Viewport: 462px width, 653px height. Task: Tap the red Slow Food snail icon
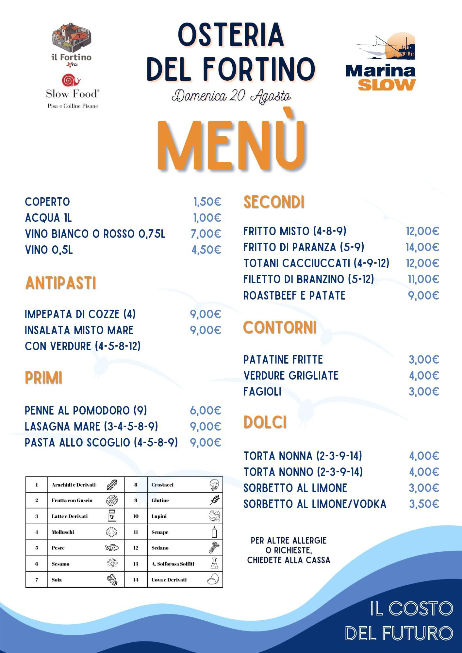[71, 80]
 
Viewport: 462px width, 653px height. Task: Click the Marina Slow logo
[381, 62]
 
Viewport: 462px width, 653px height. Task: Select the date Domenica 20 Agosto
[231, 96]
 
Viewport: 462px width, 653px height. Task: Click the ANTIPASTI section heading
[61, 283]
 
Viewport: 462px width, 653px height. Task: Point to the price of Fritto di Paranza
[422, 247]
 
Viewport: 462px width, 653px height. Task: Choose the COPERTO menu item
[47, 202]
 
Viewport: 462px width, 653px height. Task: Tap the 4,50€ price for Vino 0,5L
[206, 250]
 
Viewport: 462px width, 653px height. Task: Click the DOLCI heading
[265, 422]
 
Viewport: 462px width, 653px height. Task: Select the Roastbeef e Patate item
[294, 296]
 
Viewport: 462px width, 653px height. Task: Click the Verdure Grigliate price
[424, 376]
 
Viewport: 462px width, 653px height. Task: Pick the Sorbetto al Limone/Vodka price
[424, 504]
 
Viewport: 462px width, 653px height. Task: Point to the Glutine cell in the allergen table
[160, 500]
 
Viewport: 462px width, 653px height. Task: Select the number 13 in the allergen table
[136, 564]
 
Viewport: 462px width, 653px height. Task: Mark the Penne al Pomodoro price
[206, 411]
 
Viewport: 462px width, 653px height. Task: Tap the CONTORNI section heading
[280, 328]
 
